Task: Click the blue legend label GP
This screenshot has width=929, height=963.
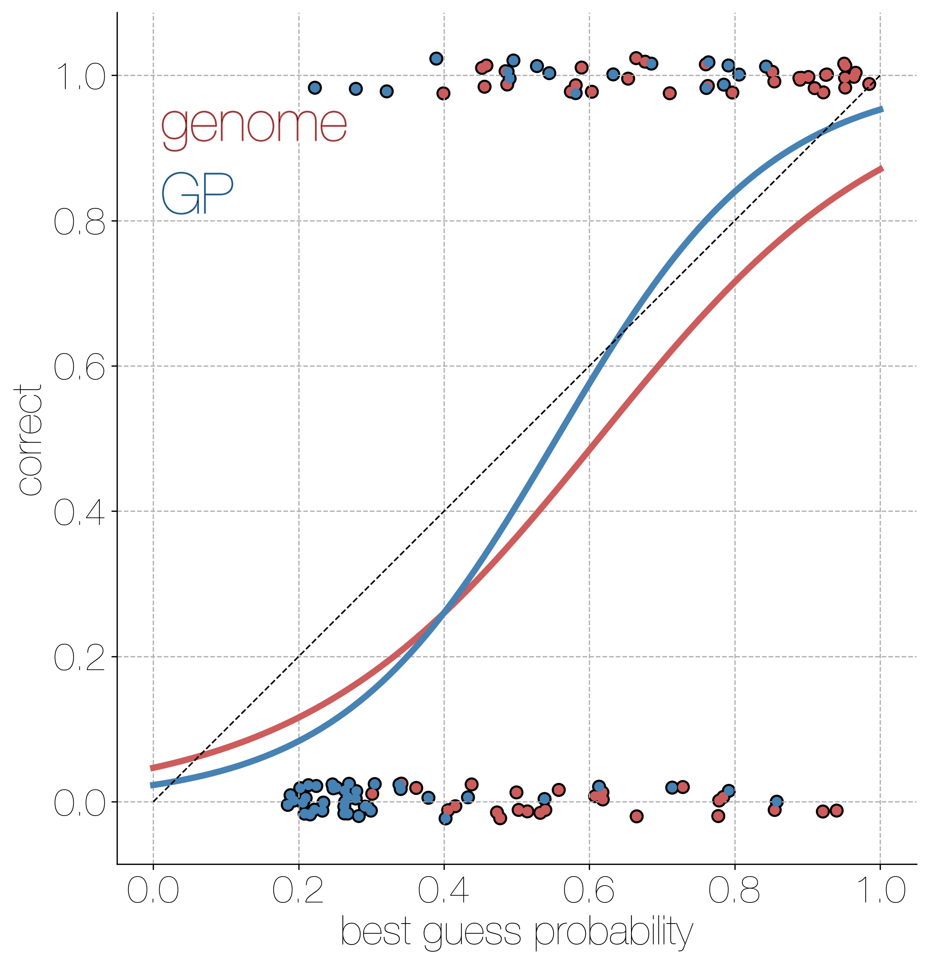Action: (x=197, y=194)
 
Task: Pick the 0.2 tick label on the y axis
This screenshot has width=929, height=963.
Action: (x=79, y=657)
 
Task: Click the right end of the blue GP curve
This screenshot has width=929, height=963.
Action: (x=882, y=109)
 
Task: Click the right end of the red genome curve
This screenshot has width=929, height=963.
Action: (x=882, y=168)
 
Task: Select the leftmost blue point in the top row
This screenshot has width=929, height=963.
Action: (x=315, y=88)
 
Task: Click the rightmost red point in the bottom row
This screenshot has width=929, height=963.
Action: (x=836, y=811)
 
